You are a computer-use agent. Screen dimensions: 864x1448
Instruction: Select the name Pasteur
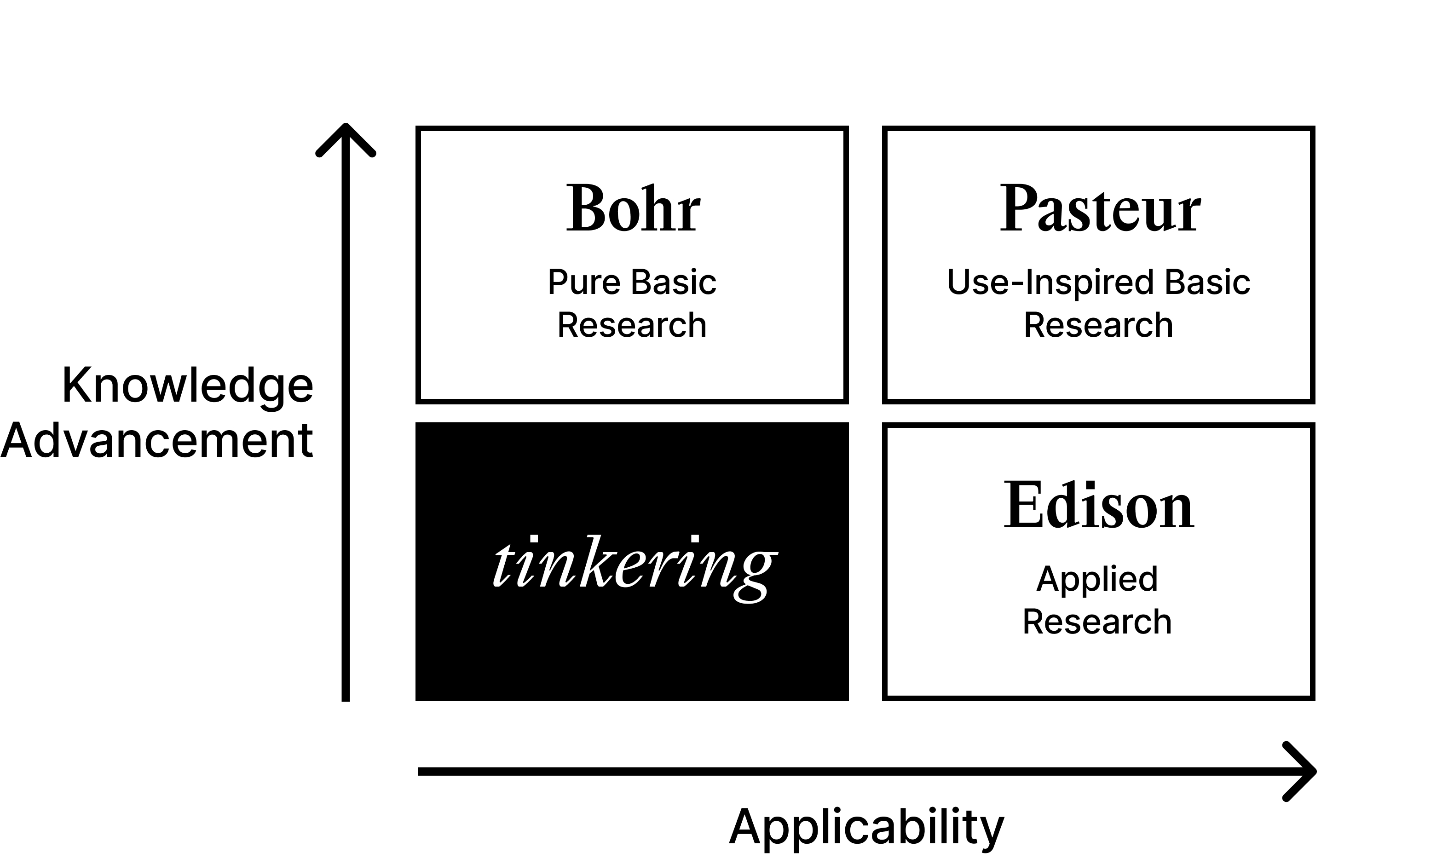tap(1100, 209)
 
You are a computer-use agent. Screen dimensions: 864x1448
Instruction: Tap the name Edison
tap(1098, 505)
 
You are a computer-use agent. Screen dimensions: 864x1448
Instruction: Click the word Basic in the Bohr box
tap(674, 282)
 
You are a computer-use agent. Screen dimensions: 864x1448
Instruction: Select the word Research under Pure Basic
tap(632, 325)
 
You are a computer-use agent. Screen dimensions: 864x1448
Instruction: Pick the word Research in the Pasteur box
tap(1099, 325)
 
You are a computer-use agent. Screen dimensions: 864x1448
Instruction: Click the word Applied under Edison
tap(1097, 579)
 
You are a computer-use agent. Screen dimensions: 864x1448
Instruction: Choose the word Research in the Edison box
tap(1097, 622)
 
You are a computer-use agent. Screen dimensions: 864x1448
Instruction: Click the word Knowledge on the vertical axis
tap(187, 386)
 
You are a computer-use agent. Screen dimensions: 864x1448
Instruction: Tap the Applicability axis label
tap(866, 827)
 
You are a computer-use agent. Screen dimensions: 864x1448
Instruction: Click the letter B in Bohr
tap(585, 209)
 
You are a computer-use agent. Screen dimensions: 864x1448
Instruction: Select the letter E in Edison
tap(1023, 505)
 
